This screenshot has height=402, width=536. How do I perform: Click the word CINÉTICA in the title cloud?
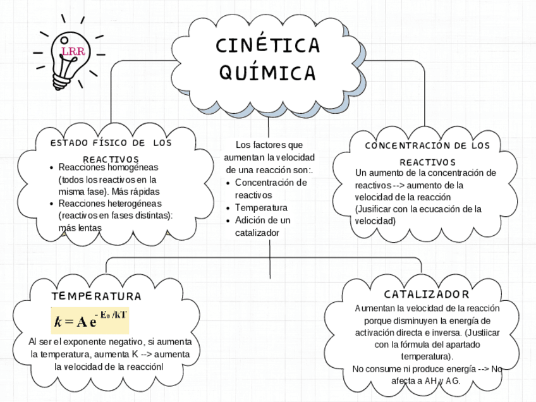(x=267, y=46)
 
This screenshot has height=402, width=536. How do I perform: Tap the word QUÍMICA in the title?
(x=267, y=73)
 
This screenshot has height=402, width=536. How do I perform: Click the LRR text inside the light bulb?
(x=73, y=51)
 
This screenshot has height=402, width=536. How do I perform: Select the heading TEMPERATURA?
(x=96, y=296)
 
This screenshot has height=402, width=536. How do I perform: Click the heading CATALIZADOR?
(x=427, y=295)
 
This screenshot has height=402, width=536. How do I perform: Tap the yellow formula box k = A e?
(x=90, y=320)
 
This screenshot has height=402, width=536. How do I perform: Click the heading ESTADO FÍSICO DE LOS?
(x=111, y=143)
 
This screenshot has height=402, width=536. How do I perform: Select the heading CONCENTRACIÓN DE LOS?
(x=427, y=146)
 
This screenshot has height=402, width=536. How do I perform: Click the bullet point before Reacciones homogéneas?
(x=51, y=168)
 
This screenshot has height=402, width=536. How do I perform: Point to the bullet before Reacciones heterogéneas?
(x=51, y=204)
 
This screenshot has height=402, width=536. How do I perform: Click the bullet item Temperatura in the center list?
(x=261, y=208)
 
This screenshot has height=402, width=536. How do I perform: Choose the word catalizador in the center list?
(x=257, y=233)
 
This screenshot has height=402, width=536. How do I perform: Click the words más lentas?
(x=80, y=228)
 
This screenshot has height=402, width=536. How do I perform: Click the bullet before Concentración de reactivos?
(x=228, y=183)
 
